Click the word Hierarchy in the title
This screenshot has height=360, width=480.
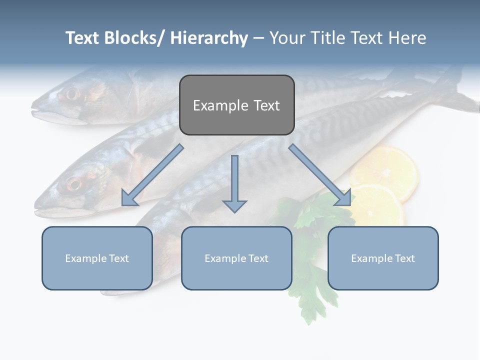pos(208,38)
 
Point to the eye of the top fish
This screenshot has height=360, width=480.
pos(72,93)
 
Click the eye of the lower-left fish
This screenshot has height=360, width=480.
pos(74,184)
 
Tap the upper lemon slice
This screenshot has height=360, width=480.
pos(384,170)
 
